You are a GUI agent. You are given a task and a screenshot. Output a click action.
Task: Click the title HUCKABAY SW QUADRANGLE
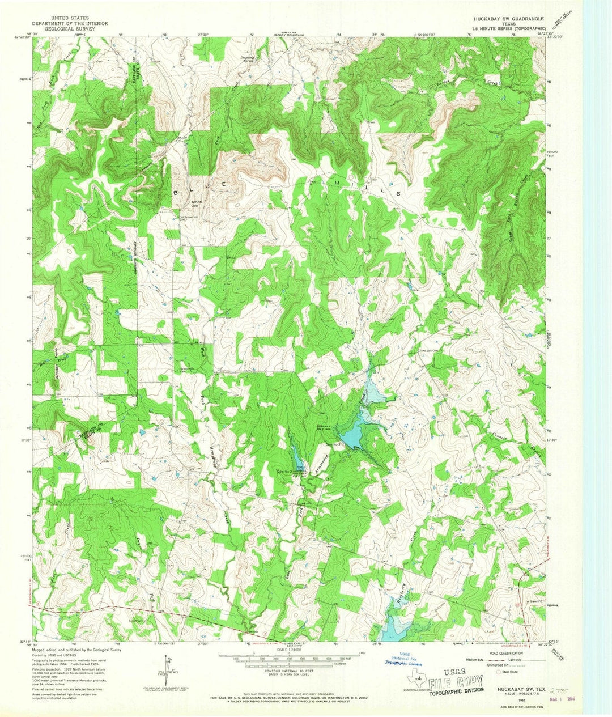508,19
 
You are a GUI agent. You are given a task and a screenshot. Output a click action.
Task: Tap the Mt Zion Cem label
431,350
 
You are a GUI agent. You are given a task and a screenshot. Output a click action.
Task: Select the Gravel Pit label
532,601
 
